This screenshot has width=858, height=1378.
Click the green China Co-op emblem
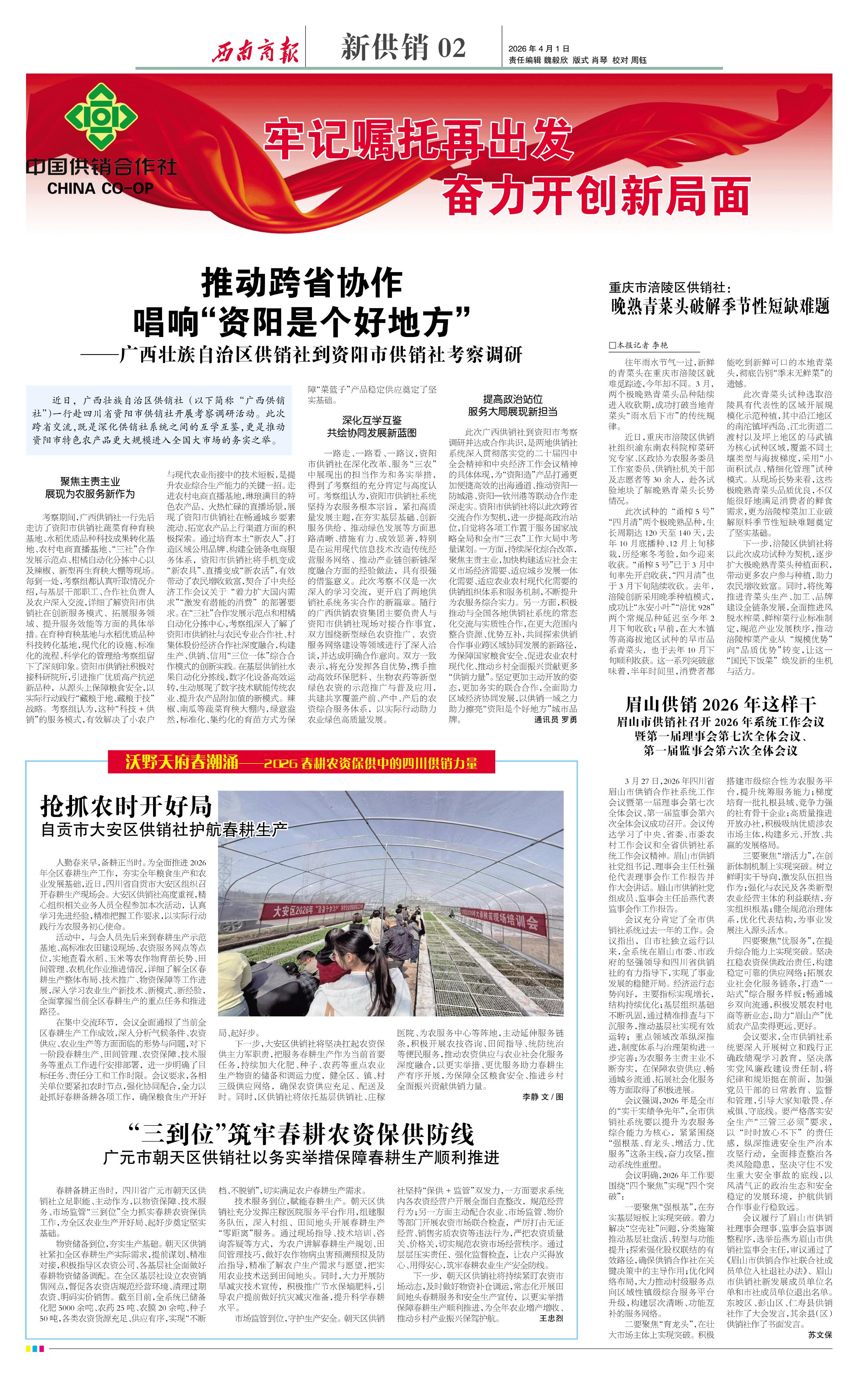pyautogui.click(x=101, y=116)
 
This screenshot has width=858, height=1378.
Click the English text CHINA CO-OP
pyautogui.click(x=101, y=188)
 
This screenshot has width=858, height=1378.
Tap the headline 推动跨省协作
pyautogui.click(x=302, y=284)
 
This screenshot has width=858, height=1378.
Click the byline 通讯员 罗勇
pyautogui.click(x=556, y=719)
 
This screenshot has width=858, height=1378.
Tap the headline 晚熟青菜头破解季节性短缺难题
pyautogui.click(x=720, y=306)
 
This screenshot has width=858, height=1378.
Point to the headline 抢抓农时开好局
pyautogui.click(x=126, y=806)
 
